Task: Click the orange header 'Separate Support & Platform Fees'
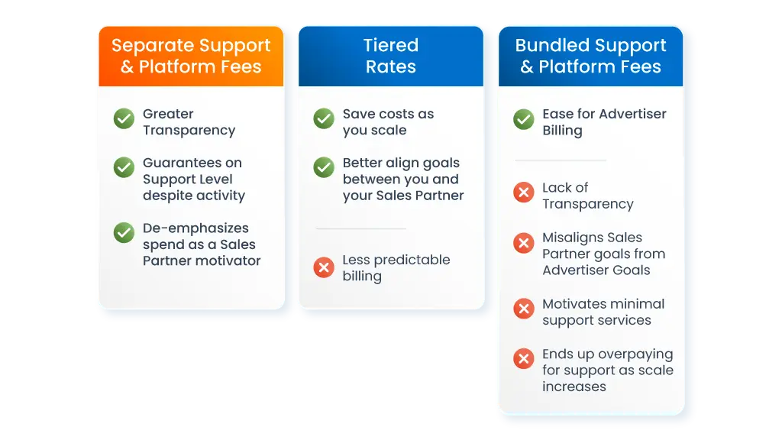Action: pos(191,56)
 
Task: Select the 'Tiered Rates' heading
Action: pos(390,56)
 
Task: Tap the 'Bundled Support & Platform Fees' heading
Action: pos(590,56)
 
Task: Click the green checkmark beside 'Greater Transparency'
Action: pos(124,118)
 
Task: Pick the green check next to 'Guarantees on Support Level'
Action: pos(124,167)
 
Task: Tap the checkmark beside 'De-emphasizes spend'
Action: pos(124,232)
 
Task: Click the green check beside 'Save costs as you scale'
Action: pos(324,118)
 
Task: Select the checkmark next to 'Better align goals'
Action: pos(324,167)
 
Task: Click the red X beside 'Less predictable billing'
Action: pos(324,267)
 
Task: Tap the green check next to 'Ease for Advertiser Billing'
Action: pos(524,118)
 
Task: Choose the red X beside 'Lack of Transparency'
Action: pos(524,192)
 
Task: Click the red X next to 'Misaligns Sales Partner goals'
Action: pos(524,243)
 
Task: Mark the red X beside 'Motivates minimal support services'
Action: pos(524,309)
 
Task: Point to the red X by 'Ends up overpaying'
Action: pos(524,358)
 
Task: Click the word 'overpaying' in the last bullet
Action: pos(636,354)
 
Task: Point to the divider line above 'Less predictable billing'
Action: pos(360,228)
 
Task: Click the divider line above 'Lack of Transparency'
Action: pos(561,160)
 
